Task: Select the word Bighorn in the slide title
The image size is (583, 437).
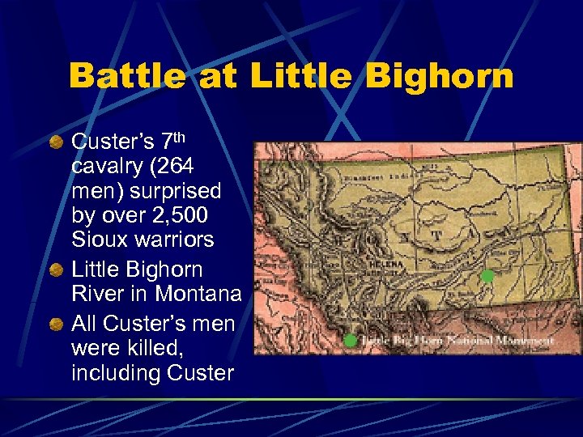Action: [x=439, y=76]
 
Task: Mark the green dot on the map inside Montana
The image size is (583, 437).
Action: [x=487, y=276]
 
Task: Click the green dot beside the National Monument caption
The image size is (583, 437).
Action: [x=351, y=341]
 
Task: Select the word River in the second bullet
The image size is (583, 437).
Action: [x=96, y=294]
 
